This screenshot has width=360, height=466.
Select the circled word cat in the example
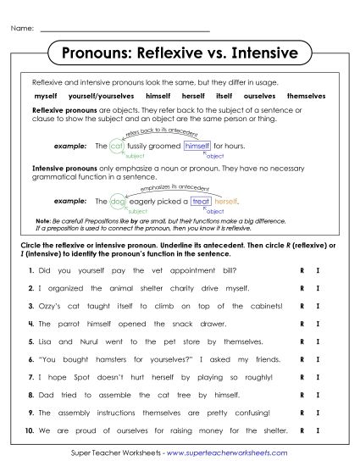117,146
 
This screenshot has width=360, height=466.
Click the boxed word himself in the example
197,146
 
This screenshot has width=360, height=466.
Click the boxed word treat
201,202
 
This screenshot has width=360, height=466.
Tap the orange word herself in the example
227,202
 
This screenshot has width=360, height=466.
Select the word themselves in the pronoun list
306,97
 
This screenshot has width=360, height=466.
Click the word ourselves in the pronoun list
259,97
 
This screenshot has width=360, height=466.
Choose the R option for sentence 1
302,270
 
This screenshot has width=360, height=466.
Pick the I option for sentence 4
317,324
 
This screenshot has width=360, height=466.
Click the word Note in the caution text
38,219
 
